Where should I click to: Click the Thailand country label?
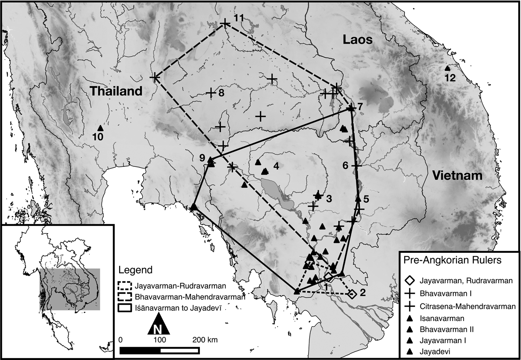tap(116, 91)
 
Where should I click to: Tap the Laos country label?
tap(357, 39)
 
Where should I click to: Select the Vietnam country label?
tap(457, 175)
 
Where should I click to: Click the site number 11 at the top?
tap(239, 18)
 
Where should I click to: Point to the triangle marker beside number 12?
tap(447, 69)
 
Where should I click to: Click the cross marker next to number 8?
tap(211, 93)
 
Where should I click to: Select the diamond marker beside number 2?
tap(352, 294)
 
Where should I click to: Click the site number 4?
tap(276, 166)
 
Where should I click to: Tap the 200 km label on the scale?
tap(205, 340)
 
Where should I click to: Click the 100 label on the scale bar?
tap(160, 340)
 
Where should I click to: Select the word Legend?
tap(135, 270)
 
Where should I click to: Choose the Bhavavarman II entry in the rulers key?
tap(447, 329)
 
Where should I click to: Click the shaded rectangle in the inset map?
tap(70, 289)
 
